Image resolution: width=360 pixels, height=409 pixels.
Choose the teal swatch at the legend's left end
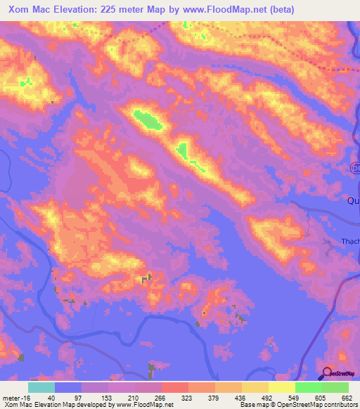(41, 387)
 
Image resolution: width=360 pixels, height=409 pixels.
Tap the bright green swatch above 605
(308, 387)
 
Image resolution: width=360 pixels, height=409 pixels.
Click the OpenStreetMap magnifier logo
(326, 374)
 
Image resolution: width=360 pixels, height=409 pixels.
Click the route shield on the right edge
(355, 168)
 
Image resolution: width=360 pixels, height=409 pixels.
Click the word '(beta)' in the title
(278, 9)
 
